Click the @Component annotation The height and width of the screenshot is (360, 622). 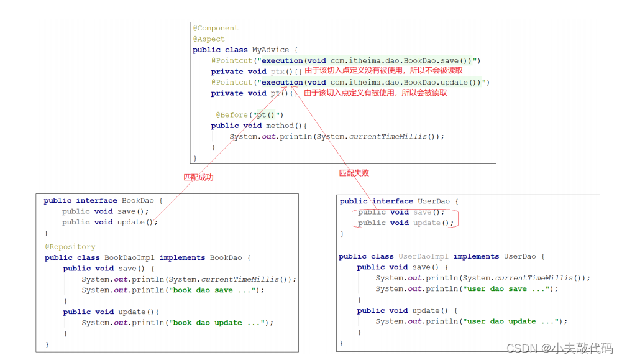pos(216,28)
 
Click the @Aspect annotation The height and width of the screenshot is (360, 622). pos(209,39)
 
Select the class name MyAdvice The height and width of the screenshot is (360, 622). pos(270,50)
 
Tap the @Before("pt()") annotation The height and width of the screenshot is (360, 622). pos(249,114)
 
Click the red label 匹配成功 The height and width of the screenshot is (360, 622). pos(198,177)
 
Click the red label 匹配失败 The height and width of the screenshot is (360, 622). pos(354,173)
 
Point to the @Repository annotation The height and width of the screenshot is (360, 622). pos(70,247)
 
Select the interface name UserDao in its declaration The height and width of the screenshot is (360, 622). pos(434,201)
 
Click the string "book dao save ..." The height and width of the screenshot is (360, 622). pos(212,290)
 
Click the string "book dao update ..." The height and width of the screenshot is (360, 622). pos(216,323)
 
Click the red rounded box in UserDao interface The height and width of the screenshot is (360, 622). pos(405,218)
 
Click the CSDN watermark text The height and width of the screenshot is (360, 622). pos(560,348)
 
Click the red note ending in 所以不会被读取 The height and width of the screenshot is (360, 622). pos(383,71)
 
